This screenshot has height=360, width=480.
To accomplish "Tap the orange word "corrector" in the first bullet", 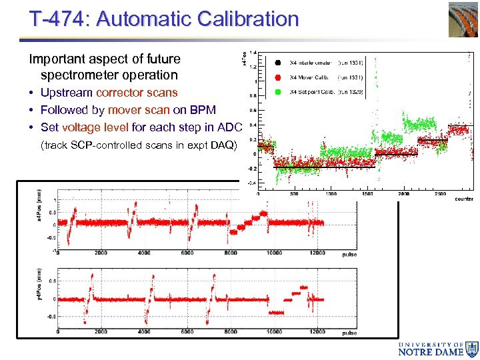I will coord(123,93).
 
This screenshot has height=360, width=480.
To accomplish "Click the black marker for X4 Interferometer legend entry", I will coord(277,63).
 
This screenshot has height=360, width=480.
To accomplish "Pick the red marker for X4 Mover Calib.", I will coord(277,77).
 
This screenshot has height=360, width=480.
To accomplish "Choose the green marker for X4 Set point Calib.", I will coord(277,91).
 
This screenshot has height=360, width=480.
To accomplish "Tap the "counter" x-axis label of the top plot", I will coord(464,199).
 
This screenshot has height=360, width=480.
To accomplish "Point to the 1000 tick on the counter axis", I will coord(331,194).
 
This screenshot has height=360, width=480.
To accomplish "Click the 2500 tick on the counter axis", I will coord(439,194).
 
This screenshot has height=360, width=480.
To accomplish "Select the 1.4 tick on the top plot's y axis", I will coord(253,53).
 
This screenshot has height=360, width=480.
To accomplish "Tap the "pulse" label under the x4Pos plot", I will coord(349,255).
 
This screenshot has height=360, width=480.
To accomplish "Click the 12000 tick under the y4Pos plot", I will coord(317,332).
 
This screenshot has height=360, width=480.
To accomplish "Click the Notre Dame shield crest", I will coord(472,349).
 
